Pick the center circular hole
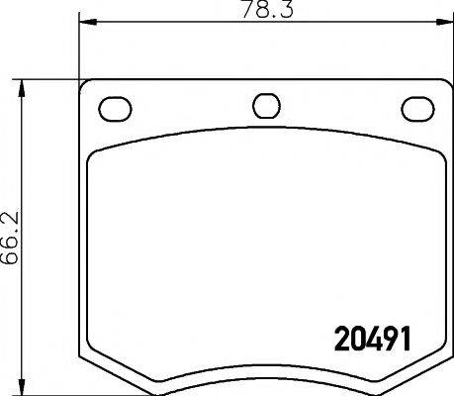click(x=265, y=106)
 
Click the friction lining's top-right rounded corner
click(x=432, y=153)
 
